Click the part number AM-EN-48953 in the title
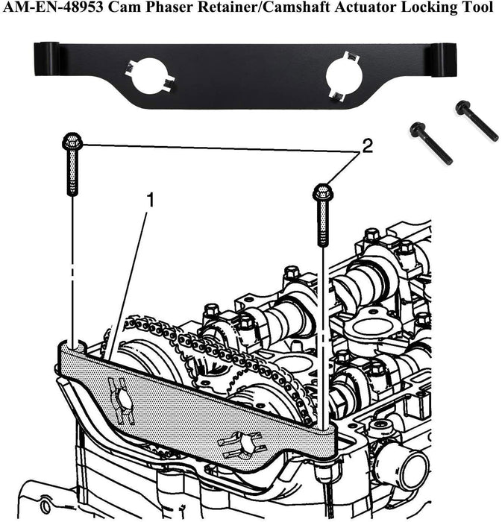click(53, 7)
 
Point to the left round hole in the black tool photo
click(148, 76)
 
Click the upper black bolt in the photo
click(477, 121)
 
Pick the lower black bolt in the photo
click(430, 143)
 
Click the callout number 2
click(367, 146)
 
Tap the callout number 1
click(151, 200)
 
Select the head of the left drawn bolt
click(72, 141)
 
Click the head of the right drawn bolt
click(321, 192)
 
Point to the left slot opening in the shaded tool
click(121, 401)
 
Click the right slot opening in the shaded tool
click(242, 444)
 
